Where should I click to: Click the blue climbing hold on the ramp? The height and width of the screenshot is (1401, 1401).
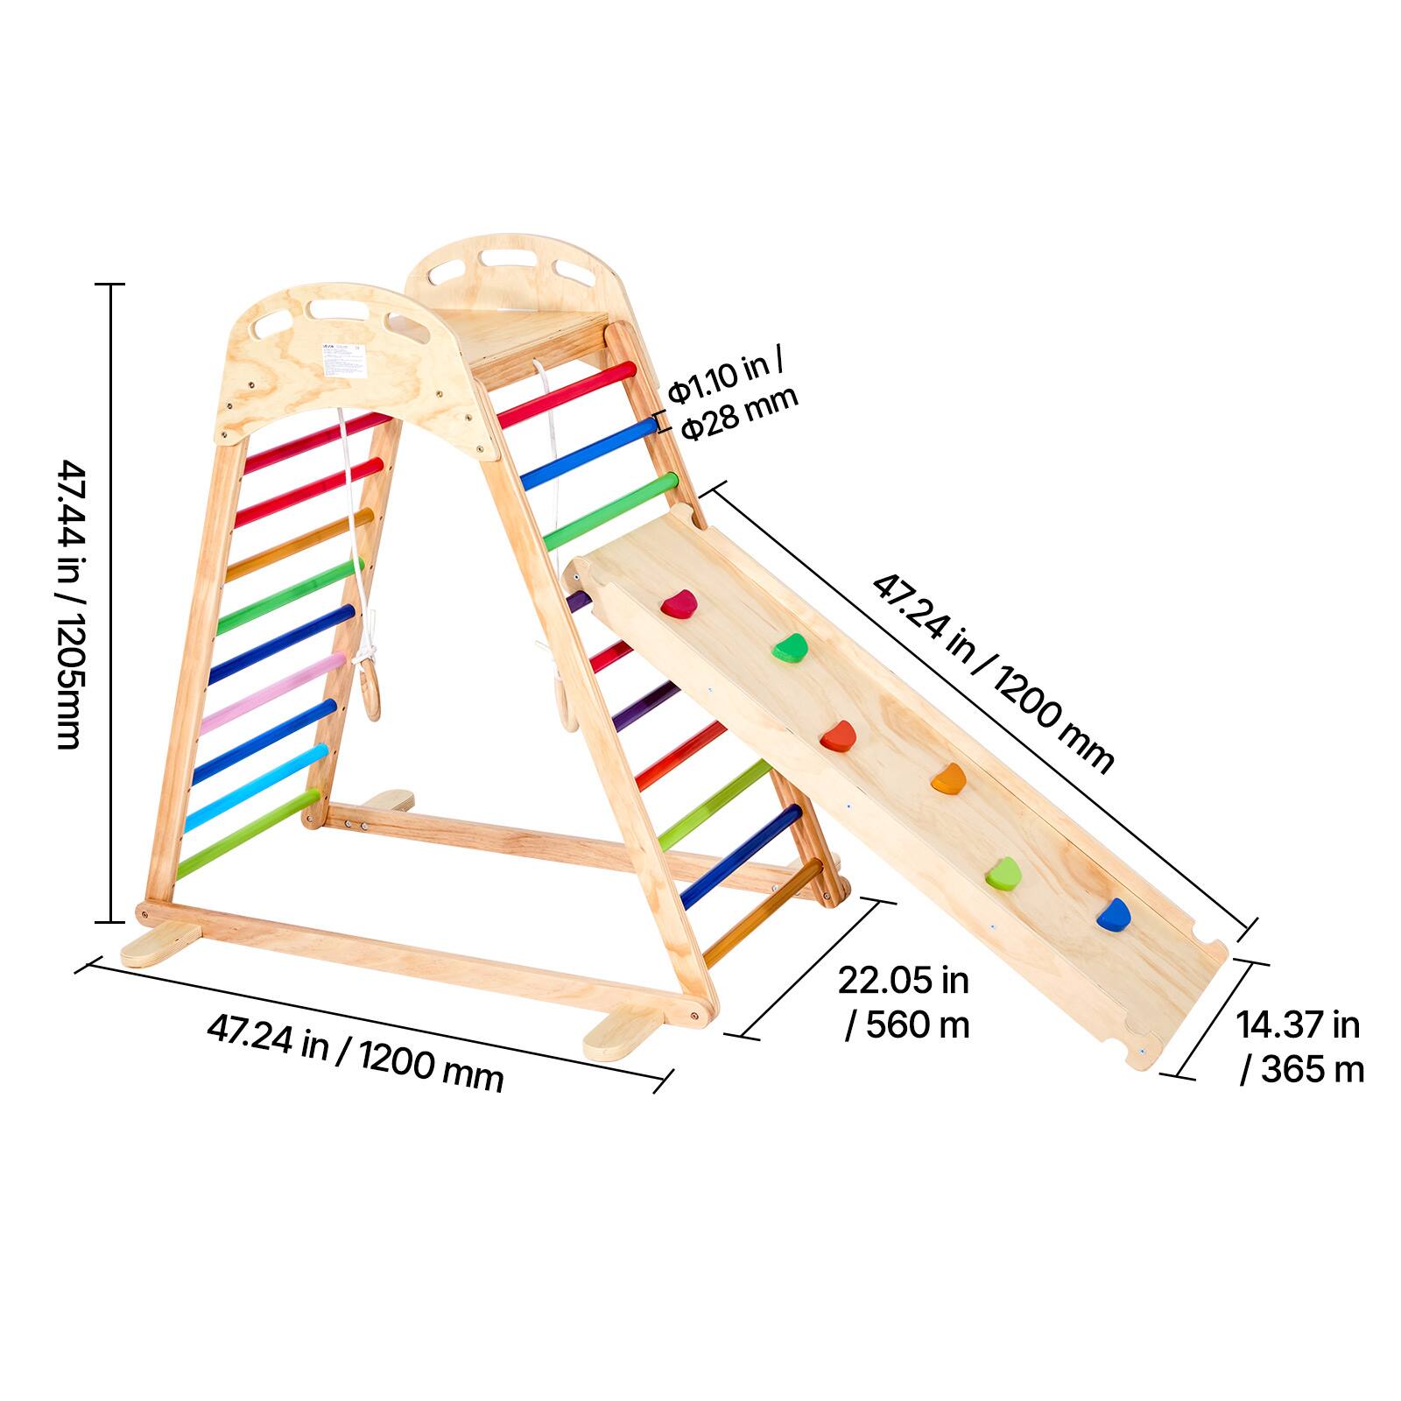[x=1113, y=914]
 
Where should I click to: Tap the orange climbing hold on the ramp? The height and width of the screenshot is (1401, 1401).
[x=948, y=778]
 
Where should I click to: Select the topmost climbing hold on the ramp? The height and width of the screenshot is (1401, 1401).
[x=679, y=603]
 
